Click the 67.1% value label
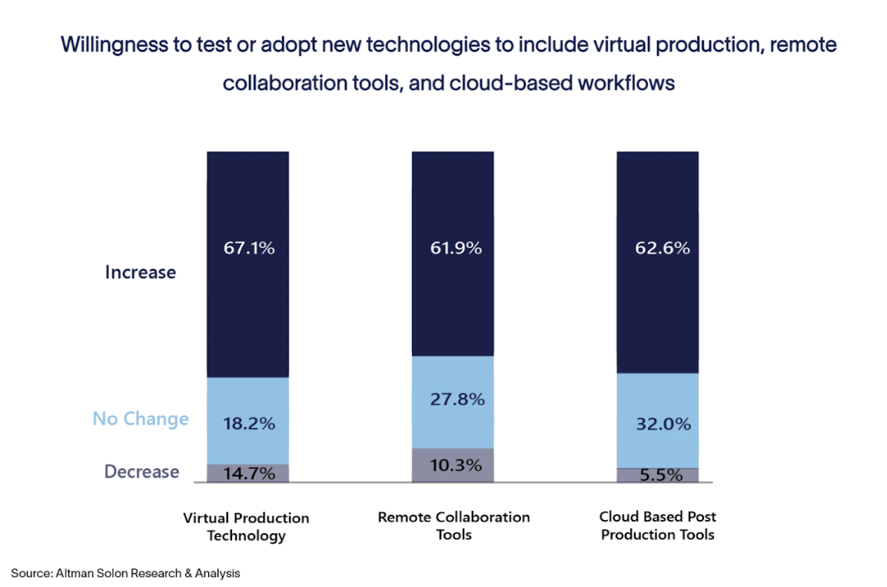pyautogui.click(x=247, y=248)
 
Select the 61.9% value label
pyautogui.click(x=453, y=248)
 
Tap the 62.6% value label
pyautogui.click(x=658, y=248)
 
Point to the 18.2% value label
pyautogui.click(x=247, y=423)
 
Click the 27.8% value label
pyautogui.click(x=453, y=400)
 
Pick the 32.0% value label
pyautogui.click(x=658, y=423)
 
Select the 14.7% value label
pyautogui.click(x=247, y=473)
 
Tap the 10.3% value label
pyautogui.click(x=453, y=465)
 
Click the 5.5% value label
pyautogui.click(x=658, y=475)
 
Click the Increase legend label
pyautogui.click(x=140, y=272)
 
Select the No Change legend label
pyautogui.click(x=140, y=419)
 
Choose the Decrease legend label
pyautogui.click(x=141, y=472)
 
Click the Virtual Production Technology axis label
pyautogui.click(x=246, y=526)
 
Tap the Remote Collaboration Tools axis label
pyautogui.click(x=453, y=526)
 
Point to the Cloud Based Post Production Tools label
pyautogui.click(x=658, y=526)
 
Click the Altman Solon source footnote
pyautogui.click(x=125, y=573)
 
